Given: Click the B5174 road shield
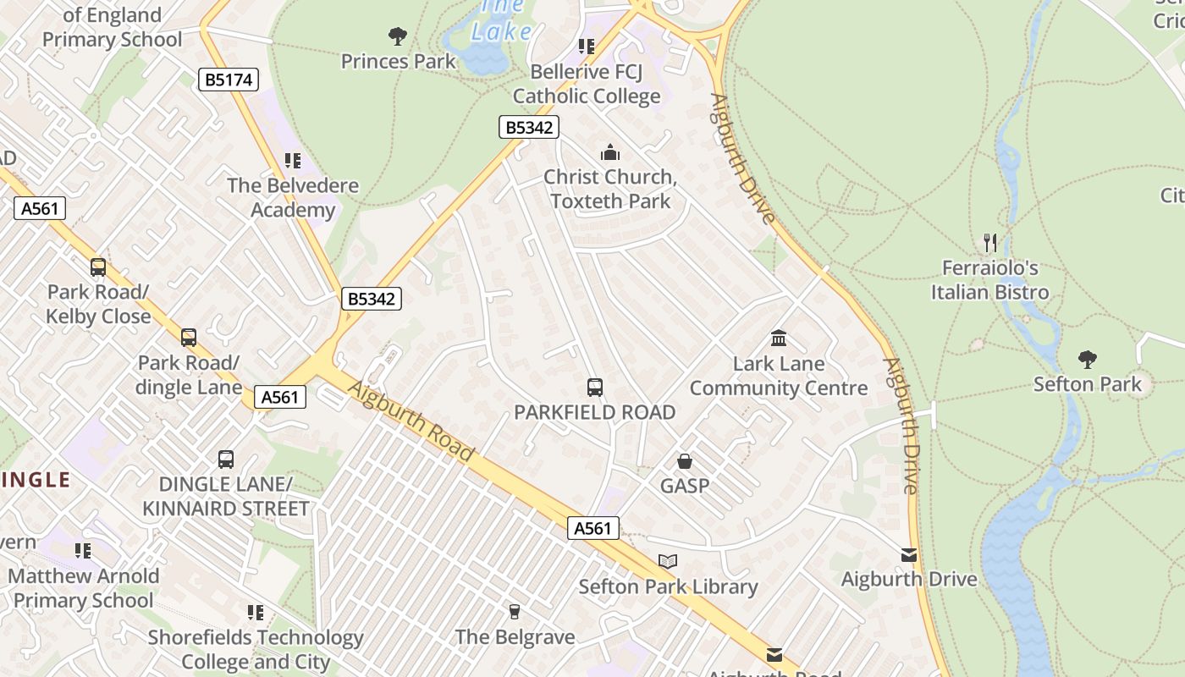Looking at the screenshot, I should tap(228, 80).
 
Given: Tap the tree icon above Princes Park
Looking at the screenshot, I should tap(398, 36).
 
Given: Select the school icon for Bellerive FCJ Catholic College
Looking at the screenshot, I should tap(587, 46).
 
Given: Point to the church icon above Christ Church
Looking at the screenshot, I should tap(609, 152).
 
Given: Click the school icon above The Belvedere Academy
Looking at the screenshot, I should tap(293, 161).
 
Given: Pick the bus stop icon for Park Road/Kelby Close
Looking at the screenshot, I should tap(98, 267).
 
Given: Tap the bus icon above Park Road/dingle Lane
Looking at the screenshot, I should tap(189, 338).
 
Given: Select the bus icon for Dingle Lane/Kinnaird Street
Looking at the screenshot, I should tap(226, 460).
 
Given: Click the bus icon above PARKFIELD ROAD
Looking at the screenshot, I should tap(595, 388).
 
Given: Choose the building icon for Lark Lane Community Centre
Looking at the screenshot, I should tap(779, 338).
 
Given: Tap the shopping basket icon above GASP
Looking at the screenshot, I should tap(685, 461).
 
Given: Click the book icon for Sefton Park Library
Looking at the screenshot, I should tap(668, 561).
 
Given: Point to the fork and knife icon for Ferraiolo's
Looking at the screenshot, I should tap(990, 243).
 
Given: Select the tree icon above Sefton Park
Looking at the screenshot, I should tap(1088, 359).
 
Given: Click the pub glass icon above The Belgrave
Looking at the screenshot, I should tap(514, 612).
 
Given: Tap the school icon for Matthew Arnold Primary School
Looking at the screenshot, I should tap(83, 551).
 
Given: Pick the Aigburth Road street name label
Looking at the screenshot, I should tap(411, 421).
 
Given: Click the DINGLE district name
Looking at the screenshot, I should tap(36, 481).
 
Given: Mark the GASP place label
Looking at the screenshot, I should tap(685, 487).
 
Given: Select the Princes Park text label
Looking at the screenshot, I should tap(398, 61).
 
